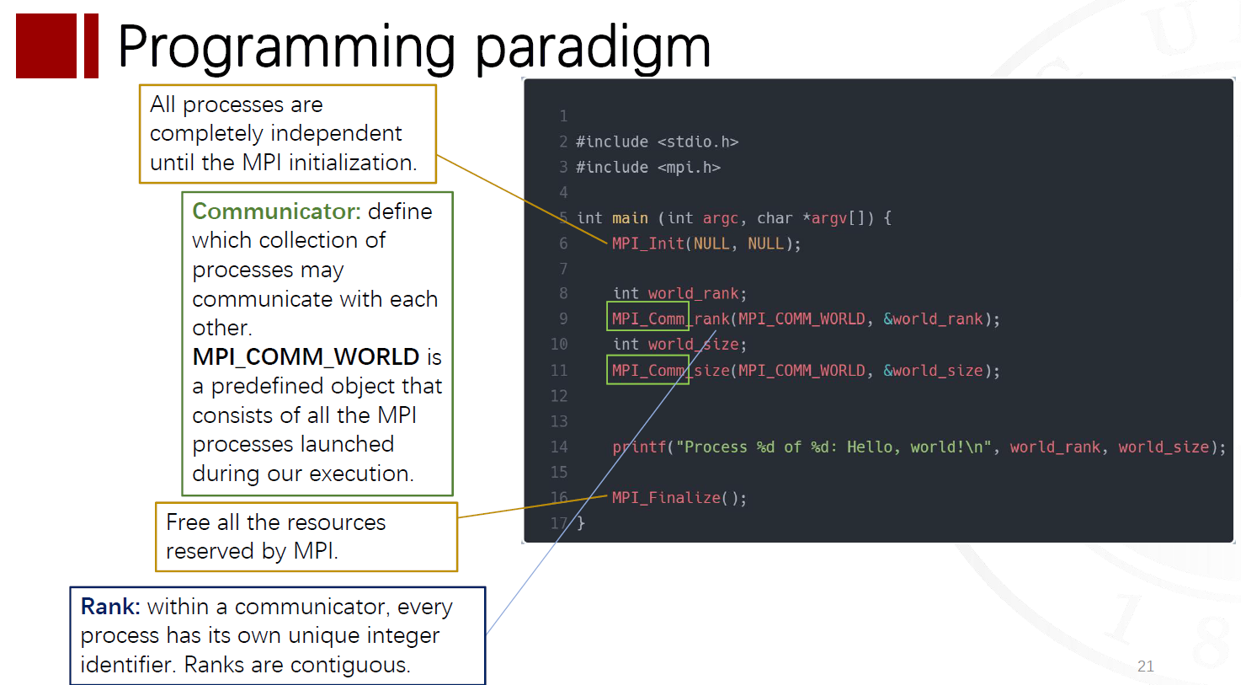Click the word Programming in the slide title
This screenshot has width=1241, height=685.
click(286, 48)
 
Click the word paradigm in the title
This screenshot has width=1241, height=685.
click(594, 49)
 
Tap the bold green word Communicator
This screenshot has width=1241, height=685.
click(276, 211)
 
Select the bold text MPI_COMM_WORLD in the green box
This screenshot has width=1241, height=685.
click(306, 356)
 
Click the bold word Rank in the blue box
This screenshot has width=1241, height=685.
click(110, 607)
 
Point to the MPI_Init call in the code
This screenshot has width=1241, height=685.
click(648, 243)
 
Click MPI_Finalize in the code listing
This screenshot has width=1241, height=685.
click(666, 497)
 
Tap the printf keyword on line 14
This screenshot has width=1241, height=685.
click(639, 447)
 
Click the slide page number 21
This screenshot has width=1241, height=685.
click(1146, 666)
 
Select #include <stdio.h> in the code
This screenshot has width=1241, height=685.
click(657, 142)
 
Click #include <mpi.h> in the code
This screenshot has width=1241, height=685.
click(648, 168)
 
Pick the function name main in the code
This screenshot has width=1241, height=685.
click(630, 218)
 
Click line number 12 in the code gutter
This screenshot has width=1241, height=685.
click(559, 396)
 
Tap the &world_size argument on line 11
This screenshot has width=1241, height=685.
click(933, 371)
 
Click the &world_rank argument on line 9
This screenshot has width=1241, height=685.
click(933, 319)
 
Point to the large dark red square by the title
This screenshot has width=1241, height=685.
click(46, 45)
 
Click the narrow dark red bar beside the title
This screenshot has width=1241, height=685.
click(92, 45)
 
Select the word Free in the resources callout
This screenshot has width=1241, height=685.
click(189, 522)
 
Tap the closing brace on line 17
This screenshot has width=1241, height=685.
click(580, 523)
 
